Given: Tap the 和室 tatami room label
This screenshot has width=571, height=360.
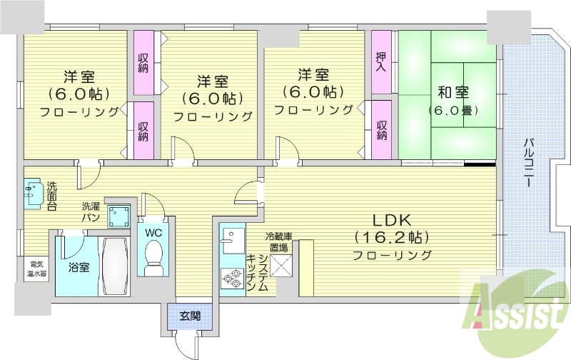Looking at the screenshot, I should pos(453,93).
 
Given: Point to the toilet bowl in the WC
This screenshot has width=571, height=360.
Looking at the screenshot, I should pos(153,257).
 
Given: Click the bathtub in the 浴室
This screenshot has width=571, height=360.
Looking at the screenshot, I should pos(114,264).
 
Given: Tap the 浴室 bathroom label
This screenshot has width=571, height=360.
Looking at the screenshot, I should pos(79,268).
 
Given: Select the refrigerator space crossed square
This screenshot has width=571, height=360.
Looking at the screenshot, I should pos(281,265).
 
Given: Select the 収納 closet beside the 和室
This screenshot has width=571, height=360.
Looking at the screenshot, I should pos(382,130).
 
